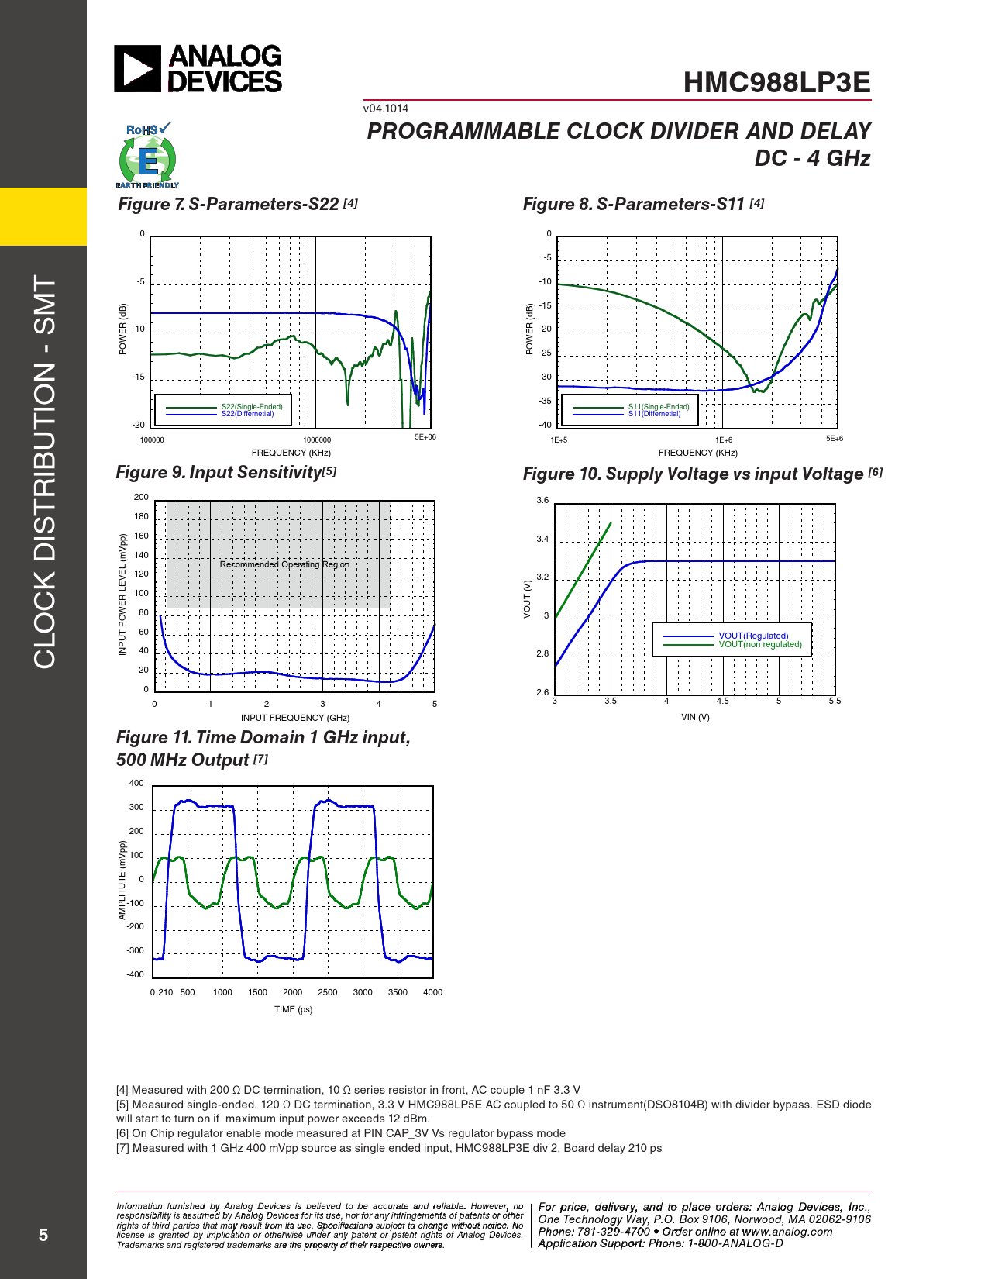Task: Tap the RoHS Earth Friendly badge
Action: click(147, 156)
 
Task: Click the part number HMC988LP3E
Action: click(776, 83)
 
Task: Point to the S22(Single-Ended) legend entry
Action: click(252, 407)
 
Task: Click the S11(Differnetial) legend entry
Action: click(654, 414)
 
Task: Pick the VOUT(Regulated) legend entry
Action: click(753, 636)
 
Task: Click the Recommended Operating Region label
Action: click(284, 564)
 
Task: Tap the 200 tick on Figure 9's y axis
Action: click(141, 498)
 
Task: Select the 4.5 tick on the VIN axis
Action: click(722, 701)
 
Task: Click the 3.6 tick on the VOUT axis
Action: click(542, 501)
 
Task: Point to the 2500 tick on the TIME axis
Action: click(328, 992)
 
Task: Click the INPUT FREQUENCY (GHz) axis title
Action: click(295, 718)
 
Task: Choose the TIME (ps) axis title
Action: click(293, 1009)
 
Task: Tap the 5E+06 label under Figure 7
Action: click(425, 437)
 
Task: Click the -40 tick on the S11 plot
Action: click(546, 425)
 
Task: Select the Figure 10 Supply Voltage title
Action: click(693, 474)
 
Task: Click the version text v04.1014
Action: click(386, 109)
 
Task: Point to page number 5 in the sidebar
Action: click(43, 1235)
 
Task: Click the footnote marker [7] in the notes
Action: click(122, 1148)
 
